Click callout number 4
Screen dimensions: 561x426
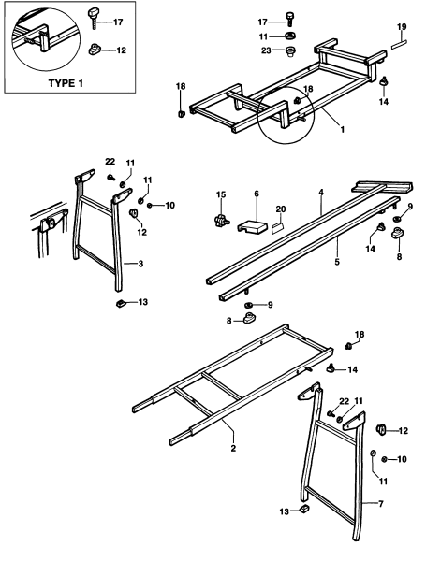coord(320,194)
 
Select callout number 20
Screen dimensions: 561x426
coord(280,209)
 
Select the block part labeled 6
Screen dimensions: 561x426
coord(251,226)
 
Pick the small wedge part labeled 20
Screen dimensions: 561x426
coord(279,225)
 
